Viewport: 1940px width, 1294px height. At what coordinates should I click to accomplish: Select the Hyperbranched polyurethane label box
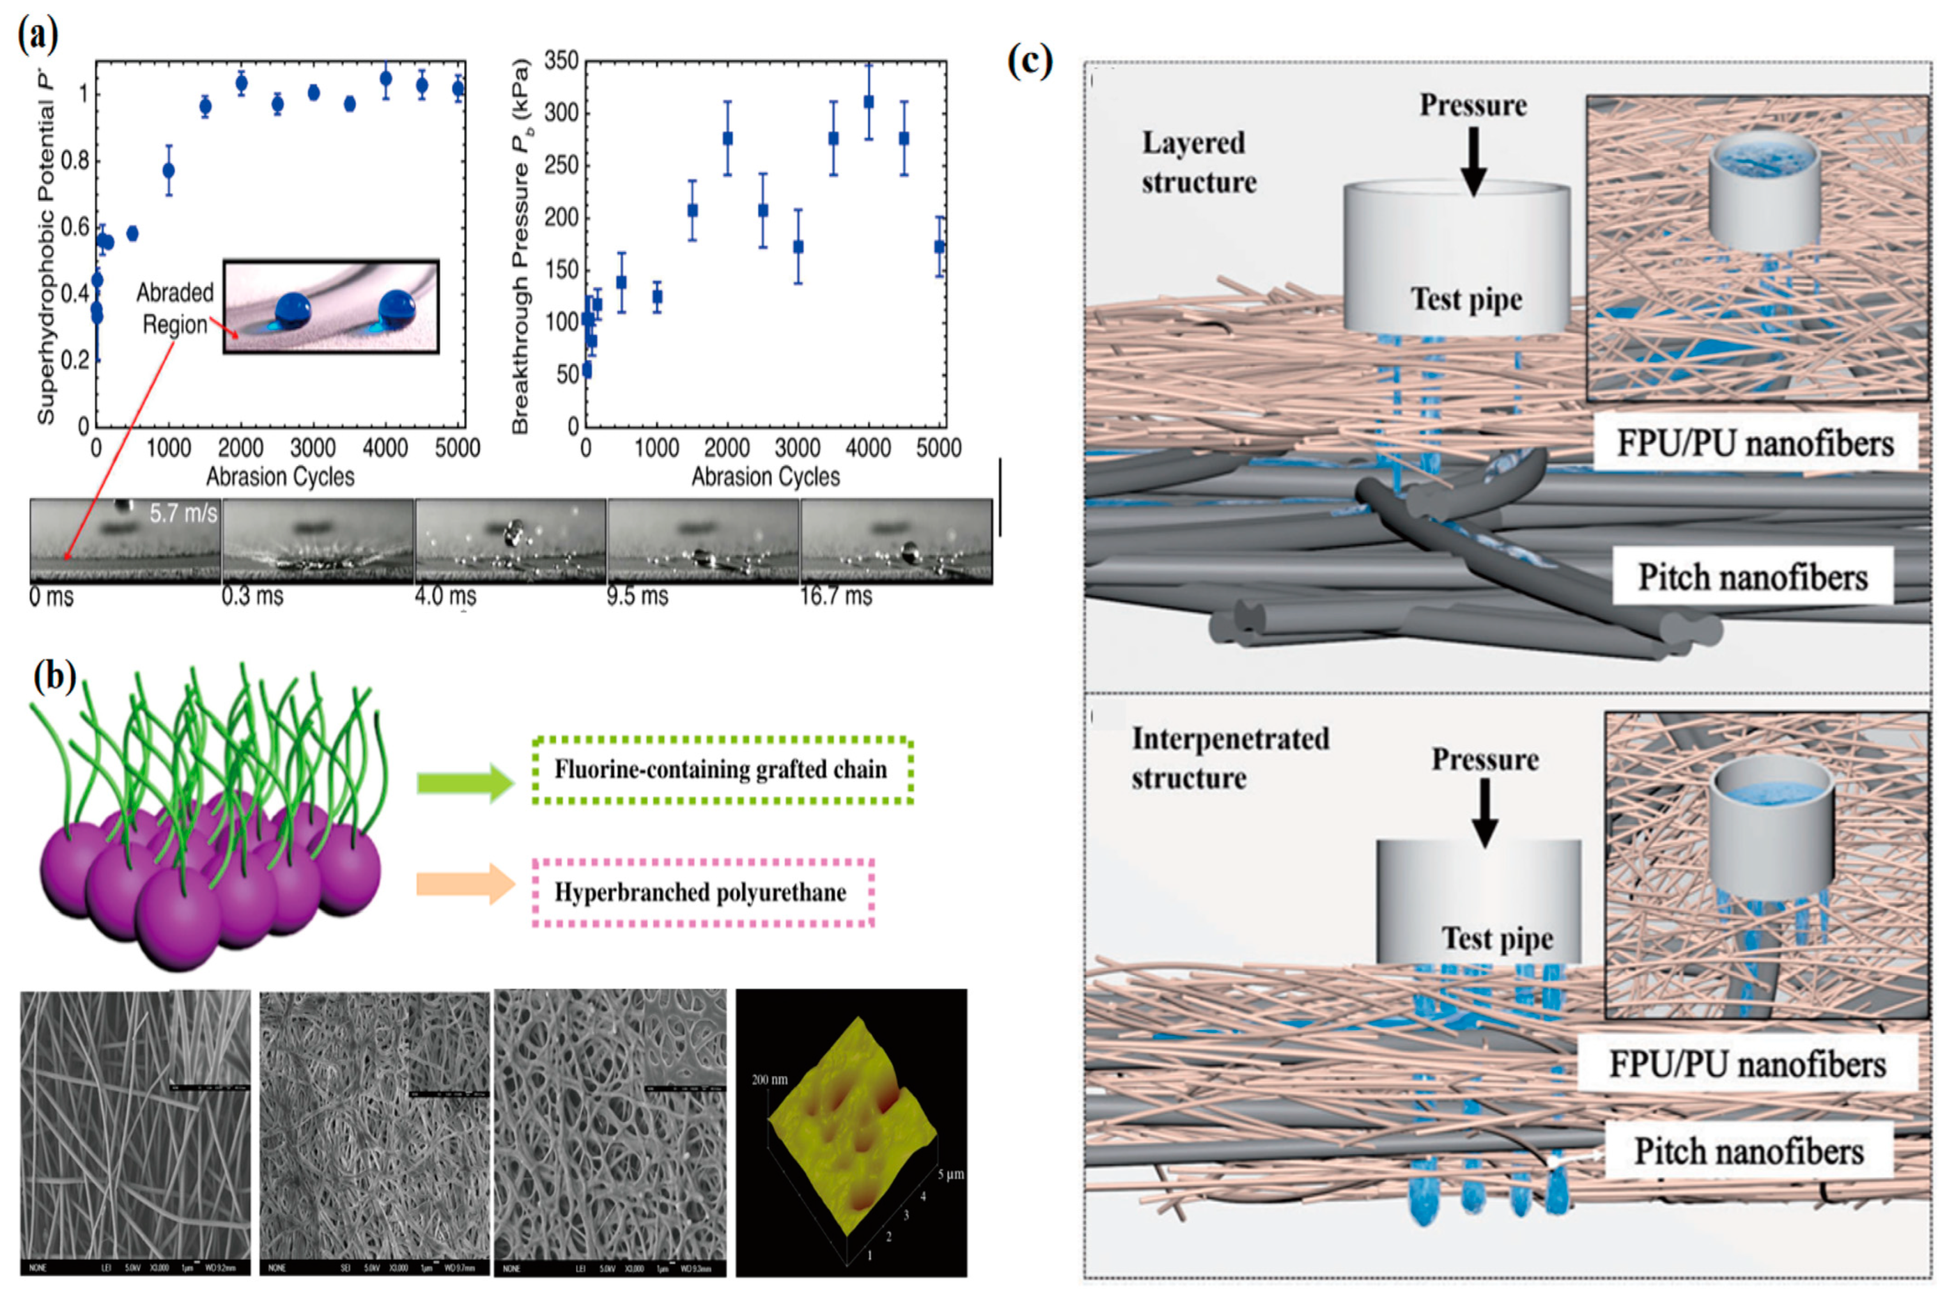(x=702, y=893)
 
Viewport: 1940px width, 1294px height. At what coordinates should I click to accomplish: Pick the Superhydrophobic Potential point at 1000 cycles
(x=168, y=171)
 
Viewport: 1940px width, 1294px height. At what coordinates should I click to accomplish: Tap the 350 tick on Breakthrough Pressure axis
(x=562, y=61)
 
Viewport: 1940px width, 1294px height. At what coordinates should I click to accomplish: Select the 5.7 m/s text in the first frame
(x=183, y=514)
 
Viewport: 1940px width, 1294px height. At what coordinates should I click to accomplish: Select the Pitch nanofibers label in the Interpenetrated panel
(x=1748, y=1151)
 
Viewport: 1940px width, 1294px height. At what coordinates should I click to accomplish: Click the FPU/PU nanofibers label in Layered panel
(x=1755, y=444)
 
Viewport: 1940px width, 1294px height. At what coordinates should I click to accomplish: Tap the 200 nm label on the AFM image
(x=769, y=1079)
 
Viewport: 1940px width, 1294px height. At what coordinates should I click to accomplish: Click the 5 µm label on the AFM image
(x=950, y=1174)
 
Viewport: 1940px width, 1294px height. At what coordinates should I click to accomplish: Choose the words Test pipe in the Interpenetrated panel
(x=1497, y=938)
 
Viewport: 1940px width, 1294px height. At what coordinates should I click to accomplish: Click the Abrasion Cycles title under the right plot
(x=765, y=477)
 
